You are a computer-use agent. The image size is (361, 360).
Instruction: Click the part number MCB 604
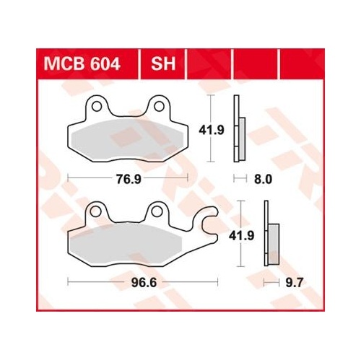(82, 64)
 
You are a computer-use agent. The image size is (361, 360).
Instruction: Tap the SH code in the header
(163, 64)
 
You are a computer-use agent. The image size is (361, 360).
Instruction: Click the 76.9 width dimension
(129, 179)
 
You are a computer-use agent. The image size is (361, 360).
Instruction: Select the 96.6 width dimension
(144, 282)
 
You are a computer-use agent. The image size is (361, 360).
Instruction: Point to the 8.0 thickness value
(263, 179)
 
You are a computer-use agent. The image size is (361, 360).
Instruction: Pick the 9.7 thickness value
(293, 282)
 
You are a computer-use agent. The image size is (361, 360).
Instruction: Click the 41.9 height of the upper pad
(212, 130)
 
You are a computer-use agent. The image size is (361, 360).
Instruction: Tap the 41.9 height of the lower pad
(241, 236)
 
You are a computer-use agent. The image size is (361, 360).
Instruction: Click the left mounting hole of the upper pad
(97, 106)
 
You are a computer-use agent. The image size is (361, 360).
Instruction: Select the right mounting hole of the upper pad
(159, 106)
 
